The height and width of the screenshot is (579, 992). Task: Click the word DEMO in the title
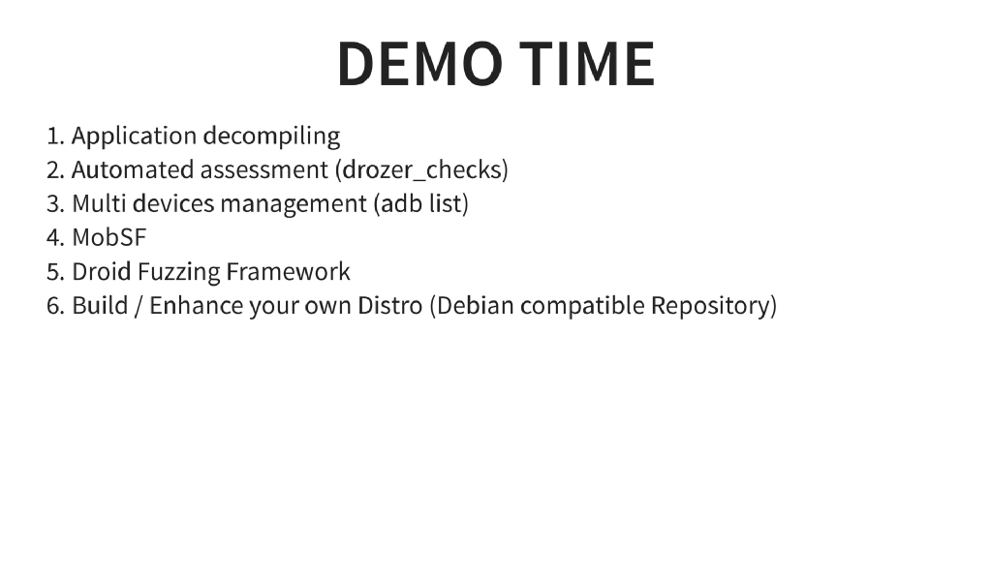point(419,64)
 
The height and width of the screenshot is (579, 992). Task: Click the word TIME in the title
point(587,64)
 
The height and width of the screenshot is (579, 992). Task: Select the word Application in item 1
point(135,137)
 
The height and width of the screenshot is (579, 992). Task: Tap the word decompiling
point(271,137)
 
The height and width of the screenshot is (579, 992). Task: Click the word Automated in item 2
point(133,170)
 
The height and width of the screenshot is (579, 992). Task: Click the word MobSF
point(108,238)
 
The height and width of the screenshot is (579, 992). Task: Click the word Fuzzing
point(177,272)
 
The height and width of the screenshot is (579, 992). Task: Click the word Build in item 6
point(97,306)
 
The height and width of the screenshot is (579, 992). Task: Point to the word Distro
point(390,306)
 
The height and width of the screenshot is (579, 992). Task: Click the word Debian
point(476,306)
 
